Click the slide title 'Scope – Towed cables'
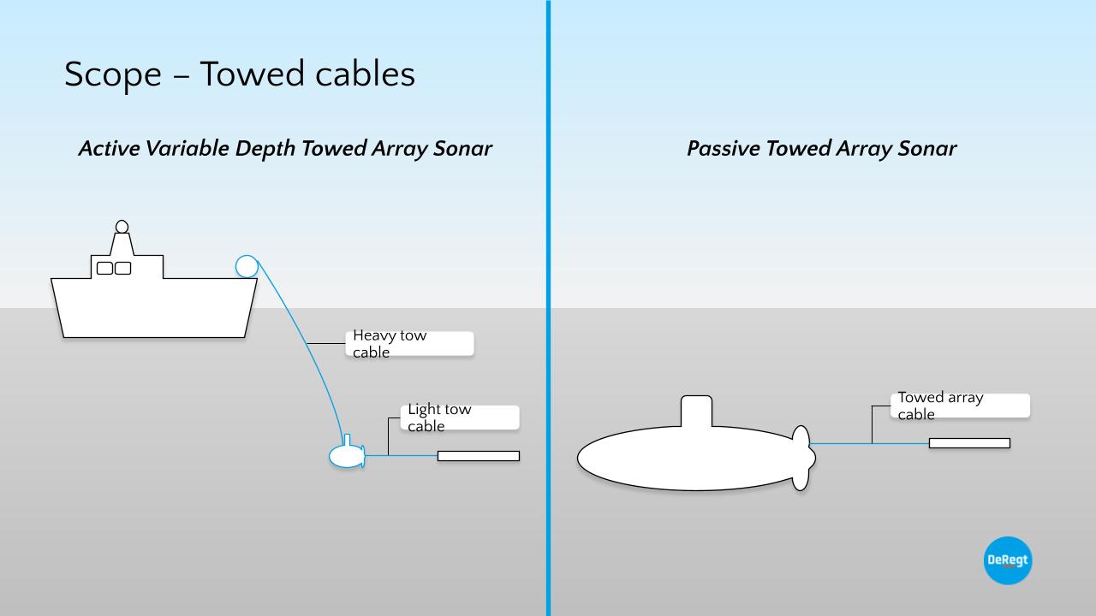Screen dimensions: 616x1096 (x=240, y=74)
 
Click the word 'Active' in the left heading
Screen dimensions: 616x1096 (x=109, y=149)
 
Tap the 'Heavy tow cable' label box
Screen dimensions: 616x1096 (x=412, y=344)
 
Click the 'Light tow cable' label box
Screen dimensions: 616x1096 (x=460, y=418)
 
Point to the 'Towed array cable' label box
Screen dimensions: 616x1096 (x=960, y=406)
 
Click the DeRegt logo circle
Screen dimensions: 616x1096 (x=1008, y=560)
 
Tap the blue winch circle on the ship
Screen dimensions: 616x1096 (x=247, y=266)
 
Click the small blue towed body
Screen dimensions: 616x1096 (x=344, y=457)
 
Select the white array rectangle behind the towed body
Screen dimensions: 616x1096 (x=479, y=456)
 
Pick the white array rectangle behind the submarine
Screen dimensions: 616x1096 (x=969, y=443)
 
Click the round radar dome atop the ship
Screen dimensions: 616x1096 (x=122, y=227)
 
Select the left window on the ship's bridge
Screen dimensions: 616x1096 (x=104, y=269)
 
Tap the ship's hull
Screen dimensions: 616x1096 (x=154, y=308)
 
